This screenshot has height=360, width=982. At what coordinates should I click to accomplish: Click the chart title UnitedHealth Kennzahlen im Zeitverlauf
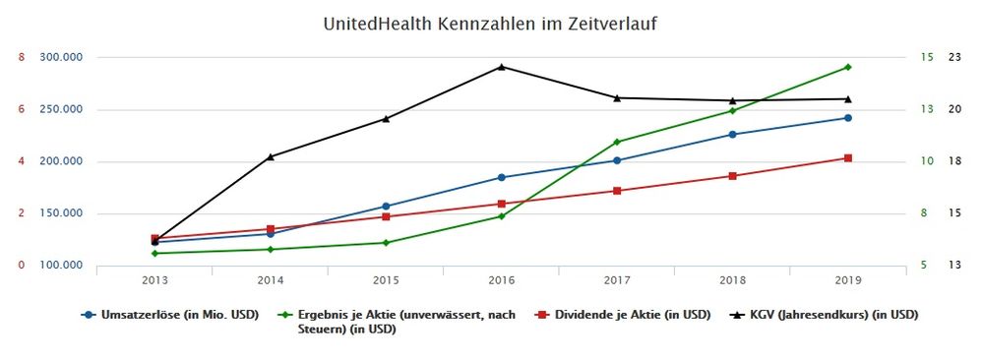tap(490, 23)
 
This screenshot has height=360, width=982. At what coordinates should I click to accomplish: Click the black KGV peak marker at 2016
tap(501, 67)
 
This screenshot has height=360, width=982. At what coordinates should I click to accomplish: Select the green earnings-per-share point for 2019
tap(847, 67)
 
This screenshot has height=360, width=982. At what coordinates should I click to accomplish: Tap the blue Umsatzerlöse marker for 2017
tap(617, 160)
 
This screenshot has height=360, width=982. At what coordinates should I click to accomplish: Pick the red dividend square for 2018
tap(732, 176)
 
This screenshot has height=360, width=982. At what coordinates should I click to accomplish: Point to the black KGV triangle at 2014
tap(271, 156)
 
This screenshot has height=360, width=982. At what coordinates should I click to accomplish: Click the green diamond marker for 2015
tap(386, 243)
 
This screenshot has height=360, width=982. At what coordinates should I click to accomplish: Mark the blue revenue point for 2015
tap(386, 207)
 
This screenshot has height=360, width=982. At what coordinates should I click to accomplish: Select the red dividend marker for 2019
tap(847, 158)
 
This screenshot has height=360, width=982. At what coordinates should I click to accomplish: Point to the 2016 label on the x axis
tap(501, 280)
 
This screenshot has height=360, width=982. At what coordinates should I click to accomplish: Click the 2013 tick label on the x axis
tap(154, 280)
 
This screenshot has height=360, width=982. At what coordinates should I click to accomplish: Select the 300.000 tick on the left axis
tap(60, 57)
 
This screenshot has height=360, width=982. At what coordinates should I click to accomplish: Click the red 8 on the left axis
tap(21, 57)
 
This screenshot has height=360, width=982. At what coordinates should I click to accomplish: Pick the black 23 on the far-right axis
tap(953, 57)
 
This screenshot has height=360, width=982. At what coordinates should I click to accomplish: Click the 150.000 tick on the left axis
tap(60, 213)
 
